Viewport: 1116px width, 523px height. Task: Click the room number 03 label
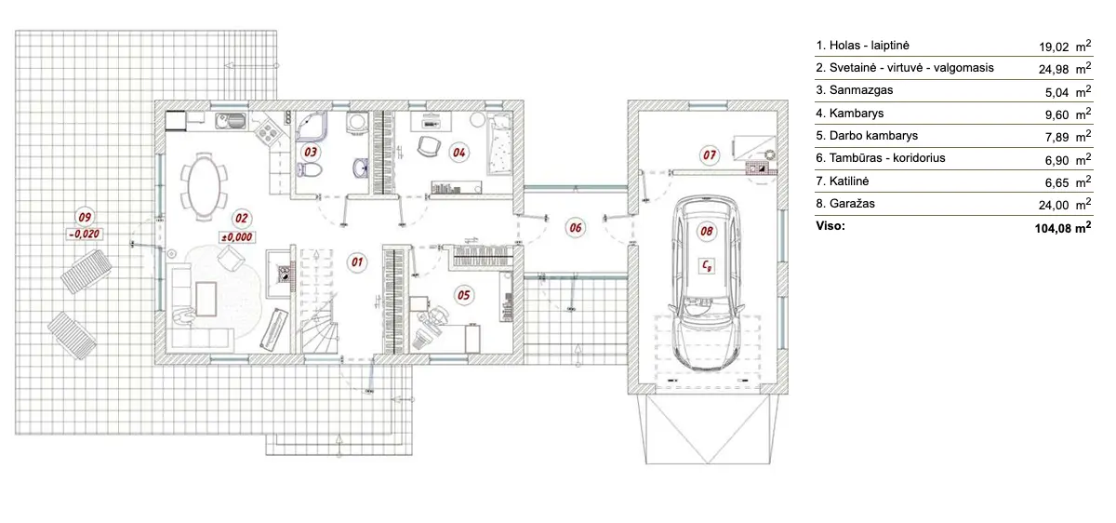[x=311, y=151]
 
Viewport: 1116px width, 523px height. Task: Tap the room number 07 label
[x=709, y=154]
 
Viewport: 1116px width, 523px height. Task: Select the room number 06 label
[x=575, y=226]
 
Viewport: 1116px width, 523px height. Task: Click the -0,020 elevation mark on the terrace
[x=86, y=234]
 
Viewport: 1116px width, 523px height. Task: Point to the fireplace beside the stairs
[x=281, y=267]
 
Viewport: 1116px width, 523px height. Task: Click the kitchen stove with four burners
[x=267, y=133]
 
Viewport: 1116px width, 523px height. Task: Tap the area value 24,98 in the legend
[x=1054, y=68]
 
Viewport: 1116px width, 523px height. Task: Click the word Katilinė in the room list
[x=843, y=181]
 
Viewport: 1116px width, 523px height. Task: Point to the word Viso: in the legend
[x=830, y=225]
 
